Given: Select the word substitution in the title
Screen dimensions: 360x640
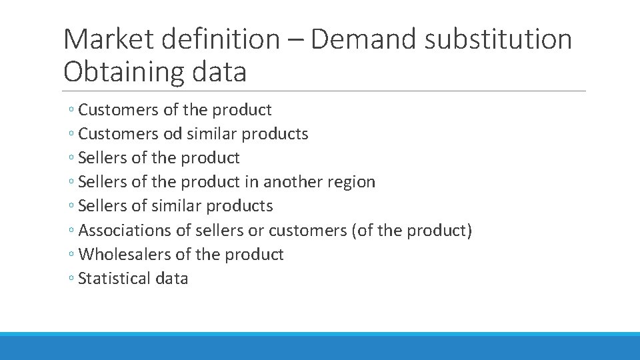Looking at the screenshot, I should (x=498, y=39).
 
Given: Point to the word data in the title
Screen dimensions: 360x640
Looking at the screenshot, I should (x=220, y=71).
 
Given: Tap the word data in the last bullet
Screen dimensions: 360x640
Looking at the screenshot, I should (x=172, y=278).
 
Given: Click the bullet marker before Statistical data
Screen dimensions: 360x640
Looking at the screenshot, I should (x=71, y=279).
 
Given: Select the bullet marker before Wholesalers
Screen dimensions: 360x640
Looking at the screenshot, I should (x=71, y=255).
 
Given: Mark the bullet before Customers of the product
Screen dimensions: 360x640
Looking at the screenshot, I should (x=71, y=111).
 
